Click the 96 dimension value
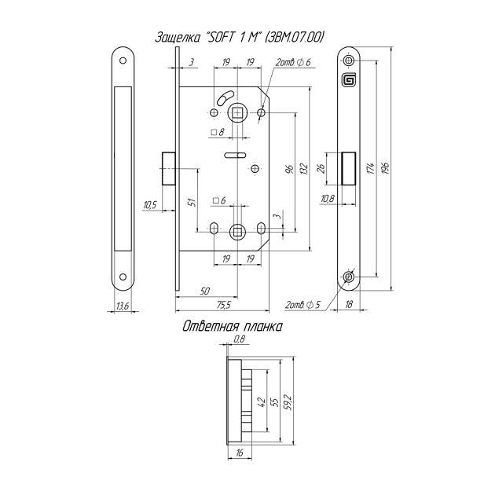[290, 169]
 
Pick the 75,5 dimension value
[222, 304]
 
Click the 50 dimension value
[205, 291]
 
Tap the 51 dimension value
[192, 203]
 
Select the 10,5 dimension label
[150, 206]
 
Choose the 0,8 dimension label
[240, 339]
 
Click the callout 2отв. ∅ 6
[294, 62]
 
